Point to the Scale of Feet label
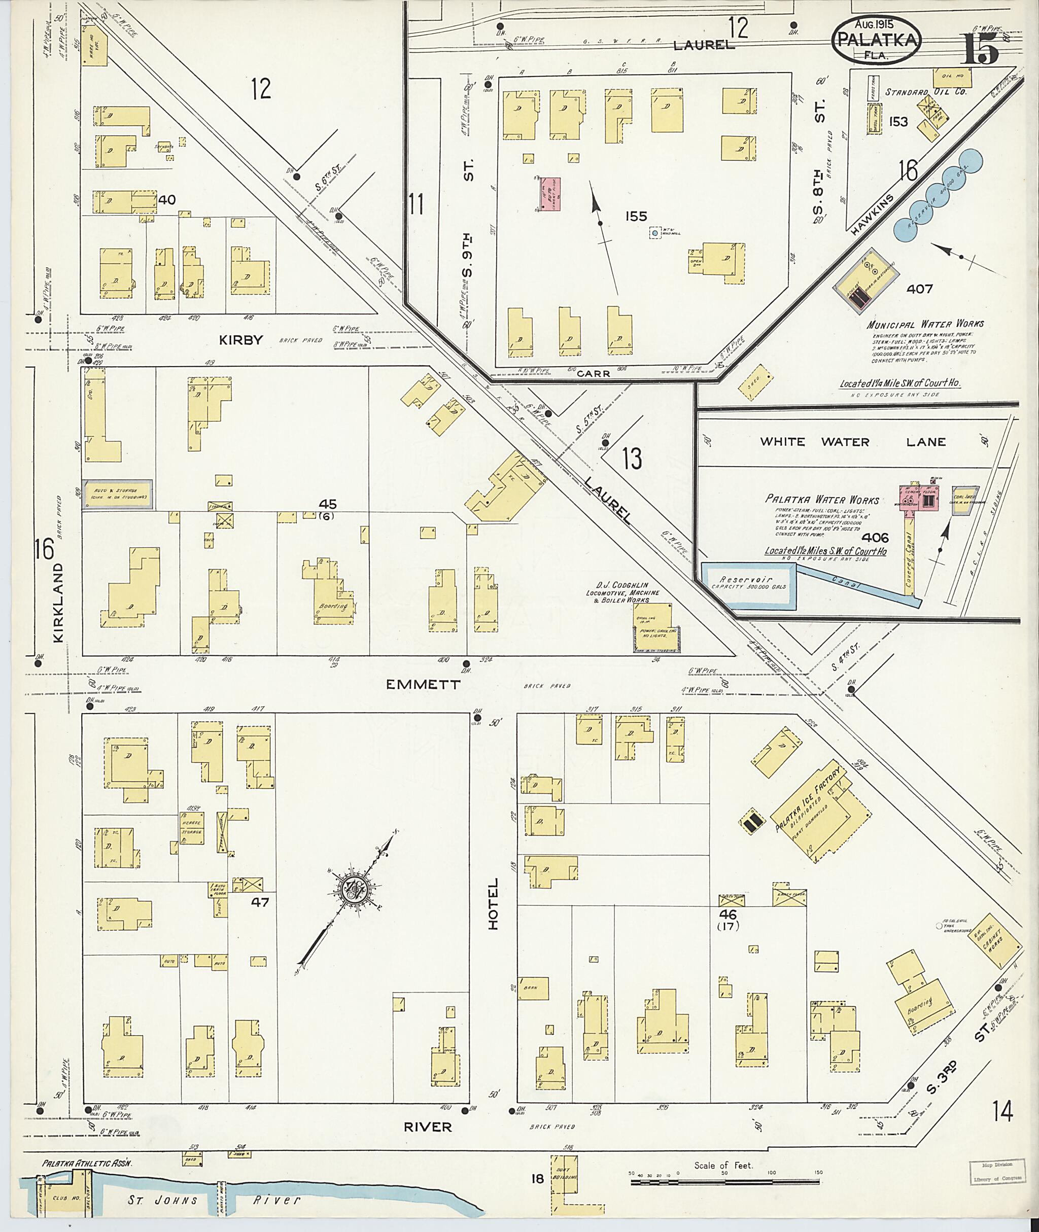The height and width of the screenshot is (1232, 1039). click(724, 1165)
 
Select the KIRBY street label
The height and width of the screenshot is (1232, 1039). click(240, 340)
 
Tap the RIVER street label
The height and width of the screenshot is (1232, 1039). click(428, 1127)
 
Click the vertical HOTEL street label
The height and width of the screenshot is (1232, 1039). click(493, 903)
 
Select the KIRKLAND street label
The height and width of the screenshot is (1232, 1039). click(59, 602)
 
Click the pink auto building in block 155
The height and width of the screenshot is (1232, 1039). click(550, 194)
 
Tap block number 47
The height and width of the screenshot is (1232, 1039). click(260, 902)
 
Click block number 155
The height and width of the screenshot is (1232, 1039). click(636, 217)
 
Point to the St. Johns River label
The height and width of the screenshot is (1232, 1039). click(215, 1200)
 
